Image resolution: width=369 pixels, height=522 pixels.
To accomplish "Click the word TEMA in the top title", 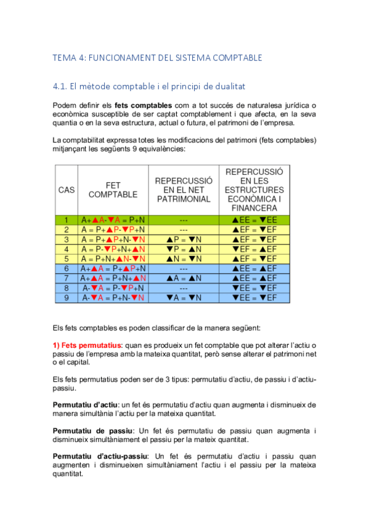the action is coord(63,58).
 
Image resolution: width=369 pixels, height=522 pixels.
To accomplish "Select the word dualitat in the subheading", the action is coord(230,86).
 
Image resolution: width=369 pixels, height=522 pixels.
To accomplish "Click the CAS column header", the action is coord(67,190).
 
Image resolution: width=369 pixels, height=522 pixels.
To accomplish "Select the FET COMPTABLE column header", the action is coord(113,190).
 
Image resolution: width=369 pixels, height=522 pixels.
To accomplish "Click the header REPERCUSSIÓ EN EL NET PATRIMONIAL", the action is coord(184,190).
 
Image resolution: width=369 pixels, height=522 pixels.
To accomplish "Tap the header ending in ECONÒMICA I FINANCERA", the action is coord(254,190).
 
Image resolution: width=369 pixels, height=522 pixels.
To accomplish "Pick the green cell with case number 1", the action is coord(67,220).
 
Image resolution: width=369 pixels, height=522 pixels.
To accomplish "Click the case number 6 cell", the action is coord(67,268).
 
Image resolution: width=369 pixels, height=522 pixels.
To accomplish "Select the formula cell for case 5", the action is coord(113,259).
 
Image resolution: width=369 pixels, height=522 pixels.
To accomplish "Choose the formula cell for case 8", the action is coord(113,287).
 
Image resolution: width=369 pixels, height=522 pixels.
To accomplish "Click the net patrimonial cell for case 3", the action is coord(184,239).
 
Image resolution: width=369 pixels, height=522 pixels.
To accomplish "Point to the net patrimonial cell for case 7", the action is coord(184,278).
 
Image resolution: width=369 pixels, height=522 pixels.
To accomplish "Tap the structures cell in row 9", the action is coord(254,297).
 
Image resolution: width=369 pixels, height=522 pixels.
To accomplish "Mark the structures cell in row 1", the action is coord(254,220).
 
